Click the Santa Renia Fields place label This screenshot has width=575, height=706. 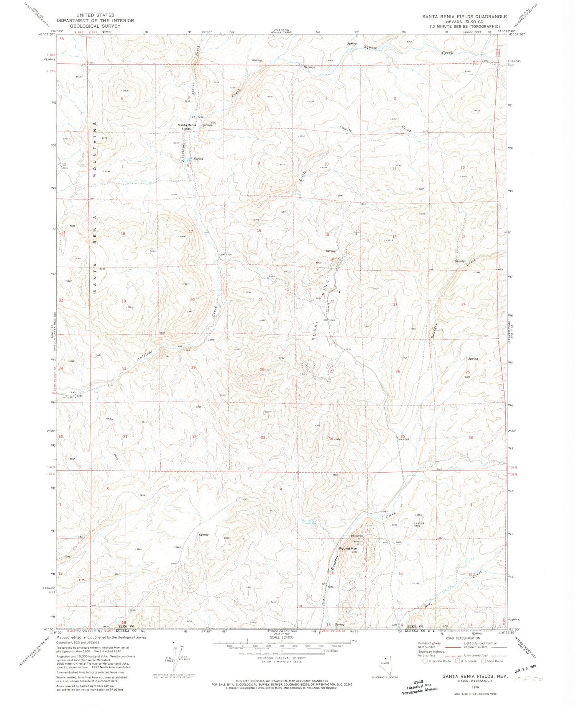(187, 127)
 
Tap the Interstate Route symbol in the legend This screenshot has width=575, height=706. (425, 661)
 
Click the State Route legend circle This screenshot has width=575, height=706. (483, 661)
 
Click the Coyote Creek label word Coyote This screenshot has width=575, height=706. (346, 129)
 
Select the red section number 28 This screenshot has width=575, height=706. (262, 369)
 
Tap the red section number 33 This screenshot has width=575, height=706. (263, 437)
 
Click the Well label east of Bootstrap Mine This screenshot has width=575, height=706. (398, 542)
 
